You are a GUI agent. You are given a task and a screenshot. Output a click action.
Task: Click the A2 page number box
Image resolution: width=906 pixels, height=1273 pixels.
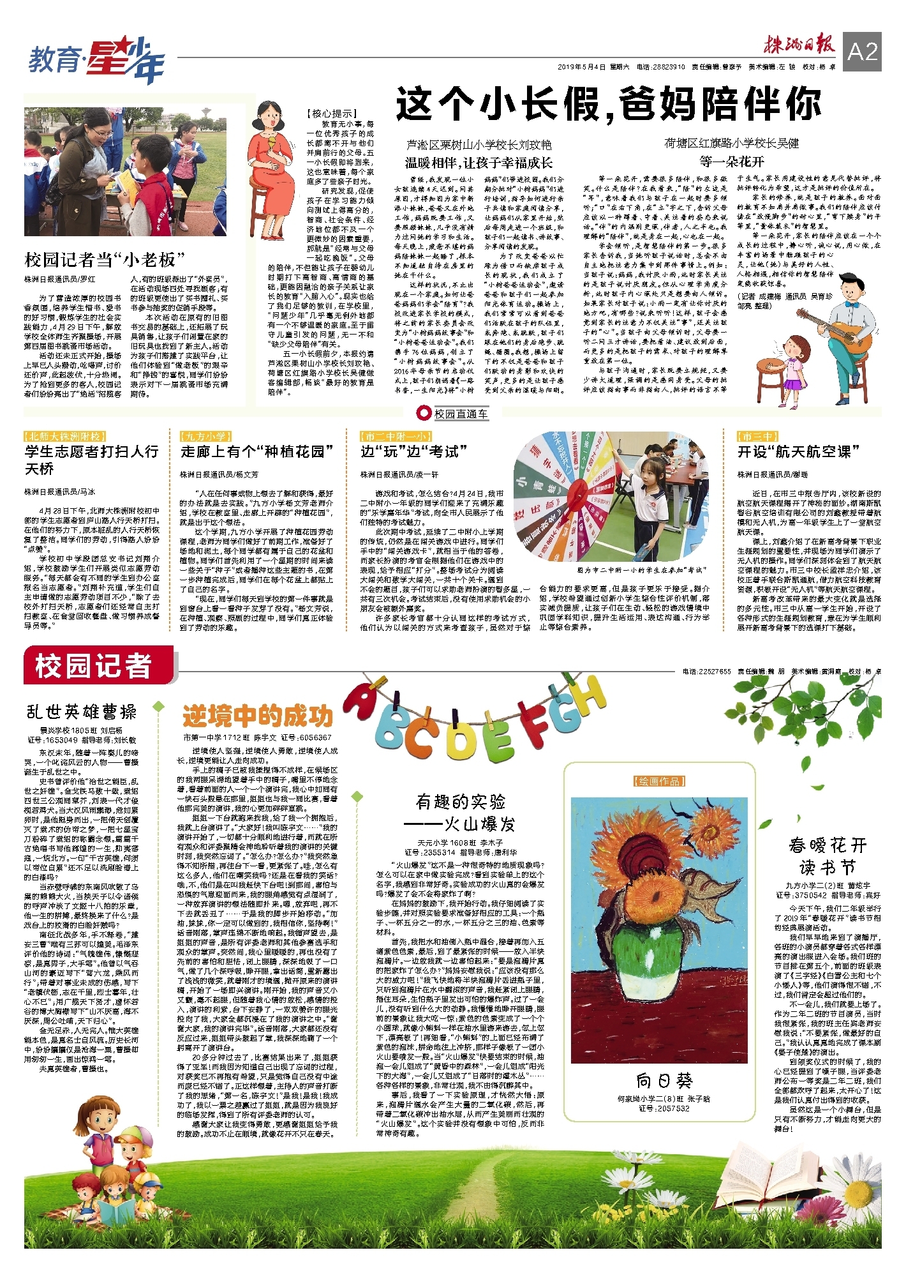coord(863,52)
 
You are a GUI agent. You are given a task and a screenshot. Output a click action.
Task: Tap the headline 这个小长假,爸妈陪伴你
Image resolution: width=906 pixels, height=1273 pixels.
coord(607,105)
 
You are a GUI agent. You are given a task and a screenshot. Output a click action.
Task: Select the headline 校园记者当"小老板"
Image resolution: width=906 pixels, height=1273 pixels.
coord(105,260)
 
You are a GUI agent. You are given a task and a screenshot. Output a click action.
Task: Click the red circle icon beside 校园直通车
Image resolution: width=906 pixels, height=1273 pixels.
coord(423,413)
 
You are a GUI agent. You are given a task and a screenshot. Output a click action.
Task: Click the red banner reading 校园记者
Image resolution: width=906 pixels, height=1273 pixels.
coord(98,666)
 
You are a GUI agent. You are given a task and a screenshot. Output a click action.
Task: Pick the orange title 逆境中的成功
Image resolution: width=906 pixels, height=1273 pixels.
coord(257,716)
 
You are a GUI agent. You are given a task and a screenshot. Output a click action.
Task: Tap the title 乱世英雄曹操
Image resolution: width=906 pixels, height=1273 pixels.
coord(82,712)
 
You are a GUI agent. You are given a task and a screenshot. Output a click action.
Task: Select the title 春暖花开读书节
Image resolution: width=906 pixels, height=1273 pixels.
coord(828,856)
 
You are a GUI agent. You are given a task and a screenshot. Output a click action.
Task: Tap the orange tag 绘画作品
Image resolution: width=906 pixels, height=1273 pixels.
coord(659,781)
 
